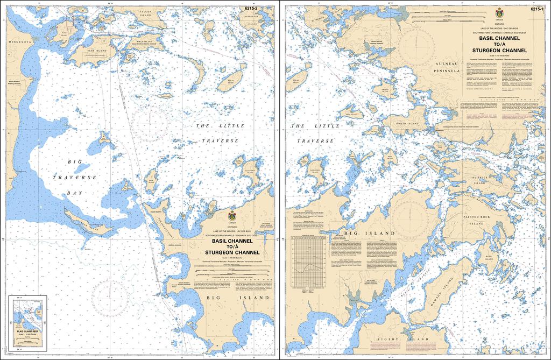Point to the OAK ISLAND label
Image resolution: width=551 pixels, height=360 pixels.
pos(98,51)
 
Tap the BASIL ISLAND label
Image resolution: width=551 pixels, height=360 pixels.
pos(489,259)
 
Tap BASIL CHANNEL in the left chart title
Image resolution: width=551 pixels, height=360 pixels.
pos(232,241)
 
